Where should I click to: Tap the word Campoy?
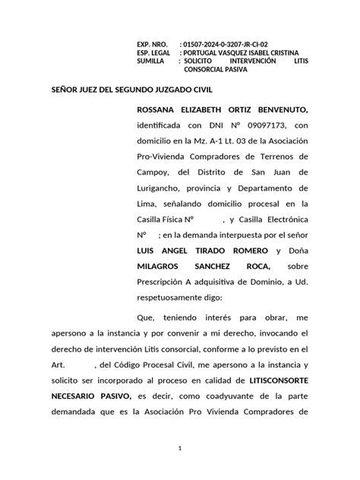pos(152,172)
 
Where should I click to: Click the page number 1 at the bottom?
pos(180,449)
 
